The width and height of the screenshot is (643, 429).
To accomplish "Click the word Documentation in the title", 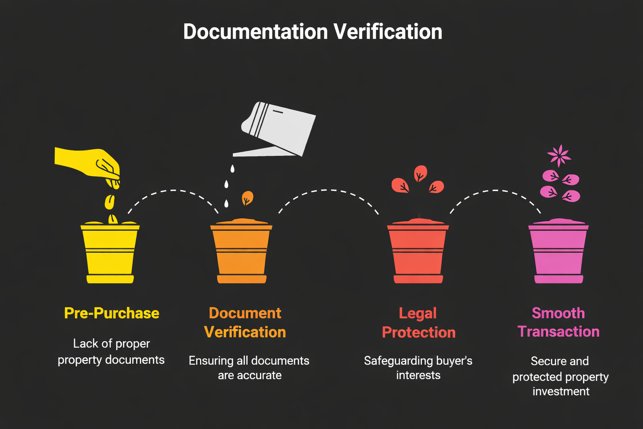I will pos(255,32).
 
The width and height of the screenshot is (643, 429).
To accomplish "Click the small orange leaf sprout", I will pos(247,197).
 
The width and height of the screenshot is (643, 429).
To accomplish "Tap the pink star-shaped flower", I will pos(559,155).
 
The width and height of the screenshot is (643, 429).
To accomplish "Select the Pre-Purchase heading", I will pos(112,313).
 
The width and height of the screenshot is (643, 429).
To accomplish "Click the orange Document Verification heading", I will pos(245,323).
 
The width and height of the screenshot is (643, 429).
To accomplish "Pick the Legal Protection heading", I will pos(419,323).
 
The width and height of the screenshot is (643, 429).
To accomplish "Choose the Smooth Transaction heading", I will pos(558,322).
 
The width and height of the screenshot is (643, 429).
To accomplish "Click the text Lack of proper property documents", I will pos(111,351).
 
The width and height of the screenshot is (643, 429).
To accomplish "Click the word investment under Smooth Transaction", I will pos(561,391).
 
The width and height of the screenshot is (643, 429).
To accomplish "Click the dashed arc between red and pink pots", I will pos(495,191).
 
